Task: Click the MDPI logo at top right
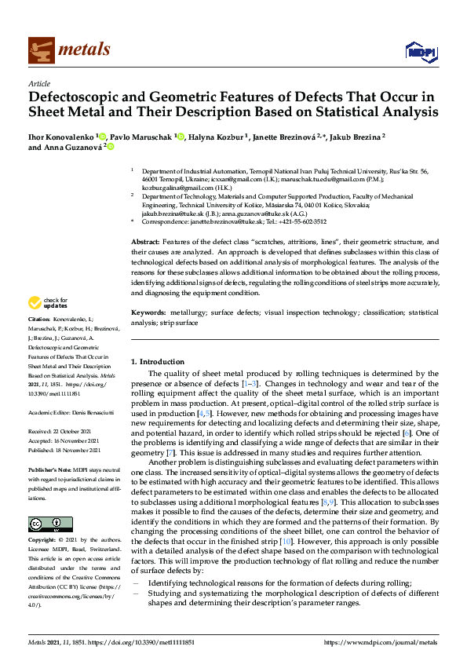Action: click(x=420, y=52)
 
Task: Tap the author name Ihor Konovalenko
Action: click(x=61, y=136)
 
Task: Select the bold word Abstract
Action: click(x=145, y=242)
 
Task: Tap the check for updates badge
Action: click(x=49, y=304)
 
